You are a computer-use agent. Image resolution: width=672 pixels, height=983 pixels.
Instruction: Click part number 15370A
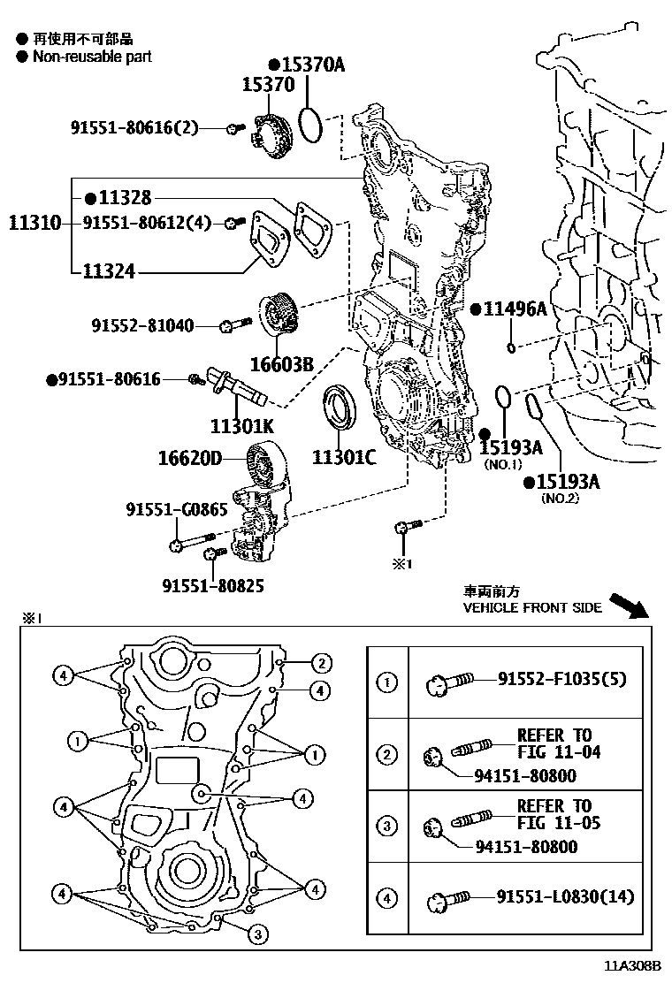point(311,65)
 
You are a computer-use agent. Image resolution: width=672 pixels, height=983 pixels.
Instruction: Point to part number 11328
point(124,198)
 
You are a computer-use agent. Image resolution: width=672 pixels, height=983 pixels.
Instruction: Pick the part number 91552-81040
point(141,326)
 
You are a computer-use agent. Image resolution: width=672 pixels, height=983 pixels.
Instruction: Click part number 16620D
point(189,458)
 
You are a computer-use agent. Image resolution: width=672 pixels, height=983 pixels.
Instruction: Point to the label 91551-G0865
point(176,509)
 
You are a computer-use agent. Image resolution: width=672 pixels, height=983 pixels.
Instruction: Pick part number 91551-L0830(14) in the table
point(565,897)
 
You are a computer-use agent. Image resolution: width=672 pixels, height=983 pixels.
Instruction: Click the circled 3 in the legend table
point(387,827)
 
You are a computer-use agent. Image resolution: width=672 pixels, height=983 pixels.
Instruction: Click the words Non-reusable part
point(92,57)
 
